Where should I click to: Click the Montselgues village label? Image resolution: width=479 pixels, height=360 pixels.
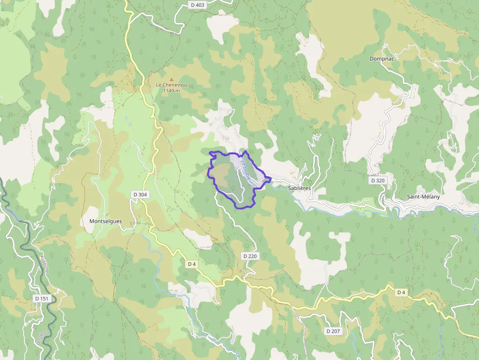(x=106, y=221)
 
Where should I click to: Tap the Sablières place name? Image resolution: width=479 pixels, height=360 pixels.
(x=300, y=188)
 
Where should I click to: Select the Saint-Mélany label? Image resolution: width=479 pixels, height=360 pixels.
(x=423, y=197)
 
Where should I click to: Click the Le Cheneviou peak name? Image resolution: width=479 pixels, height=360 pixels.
(x=171, y=85)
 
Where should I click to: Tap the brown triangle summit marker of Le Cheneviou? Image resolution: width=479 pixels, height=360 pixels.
(x=171, y=79)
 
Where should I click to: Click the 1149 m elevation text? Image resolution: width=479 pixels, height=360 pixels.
(x=171, y=91)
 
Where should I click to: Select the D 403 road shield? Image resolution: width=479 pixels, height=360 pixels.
(x=196, y=4)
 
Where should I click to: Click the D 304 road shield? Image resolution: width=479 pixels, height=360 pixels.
(x=140, y=194)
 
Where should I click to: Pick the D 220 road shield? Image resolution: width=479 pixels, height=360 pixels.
(x=249, y=256)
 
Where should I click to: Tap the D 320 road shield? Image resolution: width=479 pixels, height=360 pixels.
(x=378, y=180)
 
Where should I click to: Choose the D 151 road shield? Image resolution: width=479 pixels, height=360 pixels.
(x=42, y=298)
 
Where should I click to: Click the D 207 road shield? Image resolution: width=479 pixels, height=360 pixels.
(x=333, y=331)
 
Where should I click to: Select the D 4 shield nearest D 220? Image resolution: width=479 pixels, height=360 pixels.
(x=192, y=264)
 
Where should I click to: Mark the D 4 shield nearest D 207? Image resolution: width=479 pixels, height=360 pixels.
(x=401, y=292)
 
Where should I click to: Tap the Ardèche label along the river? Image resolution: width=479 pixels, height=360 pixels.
(x=44, y=263)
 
